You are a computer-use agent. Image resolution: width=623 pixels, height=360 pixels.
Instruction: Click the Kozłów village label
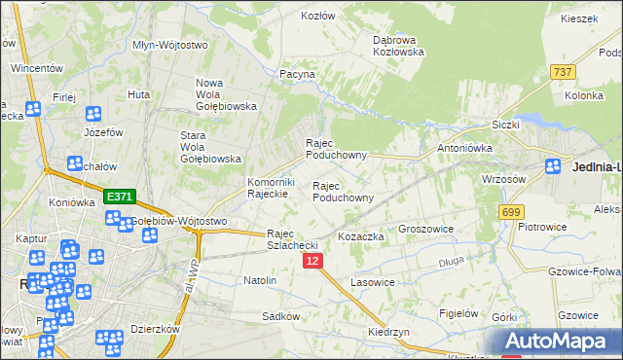[x=318, y=16]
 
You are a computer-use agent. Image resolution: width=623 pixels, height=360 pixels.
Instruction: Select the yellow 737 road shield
[x=562, y=72]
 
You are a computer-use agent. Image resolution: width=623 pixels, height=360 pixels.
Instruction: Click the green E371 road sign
[x=119, y=197]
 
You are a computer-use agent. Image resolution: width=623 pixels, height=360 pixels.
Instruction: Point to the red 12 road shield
[x=311, y=262]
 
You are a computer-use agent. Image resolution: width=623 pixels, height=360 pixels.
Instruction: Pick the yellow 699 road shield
[x=510, y=212]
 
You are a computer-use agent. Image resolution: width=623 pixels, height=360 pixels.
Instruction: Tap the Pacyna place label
[x=298, y=74]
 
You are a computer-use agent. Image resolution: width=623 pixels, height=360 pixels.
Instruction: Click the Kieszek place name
[x=578, y=18]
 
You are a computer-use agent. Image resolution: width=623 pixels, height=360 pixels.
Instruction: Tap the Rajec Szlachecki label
[x=294, y=239]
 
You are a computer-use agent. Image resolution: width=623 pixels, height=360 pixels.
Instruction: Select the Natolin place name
[x=260, y=280]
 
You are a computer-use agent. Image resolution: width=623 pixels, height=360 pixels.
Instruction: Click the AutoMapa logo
[x=563, y=342]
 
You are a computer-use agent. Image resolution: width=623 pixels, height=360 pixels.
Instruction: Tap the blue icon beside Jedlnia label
[x=554, y=166]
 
